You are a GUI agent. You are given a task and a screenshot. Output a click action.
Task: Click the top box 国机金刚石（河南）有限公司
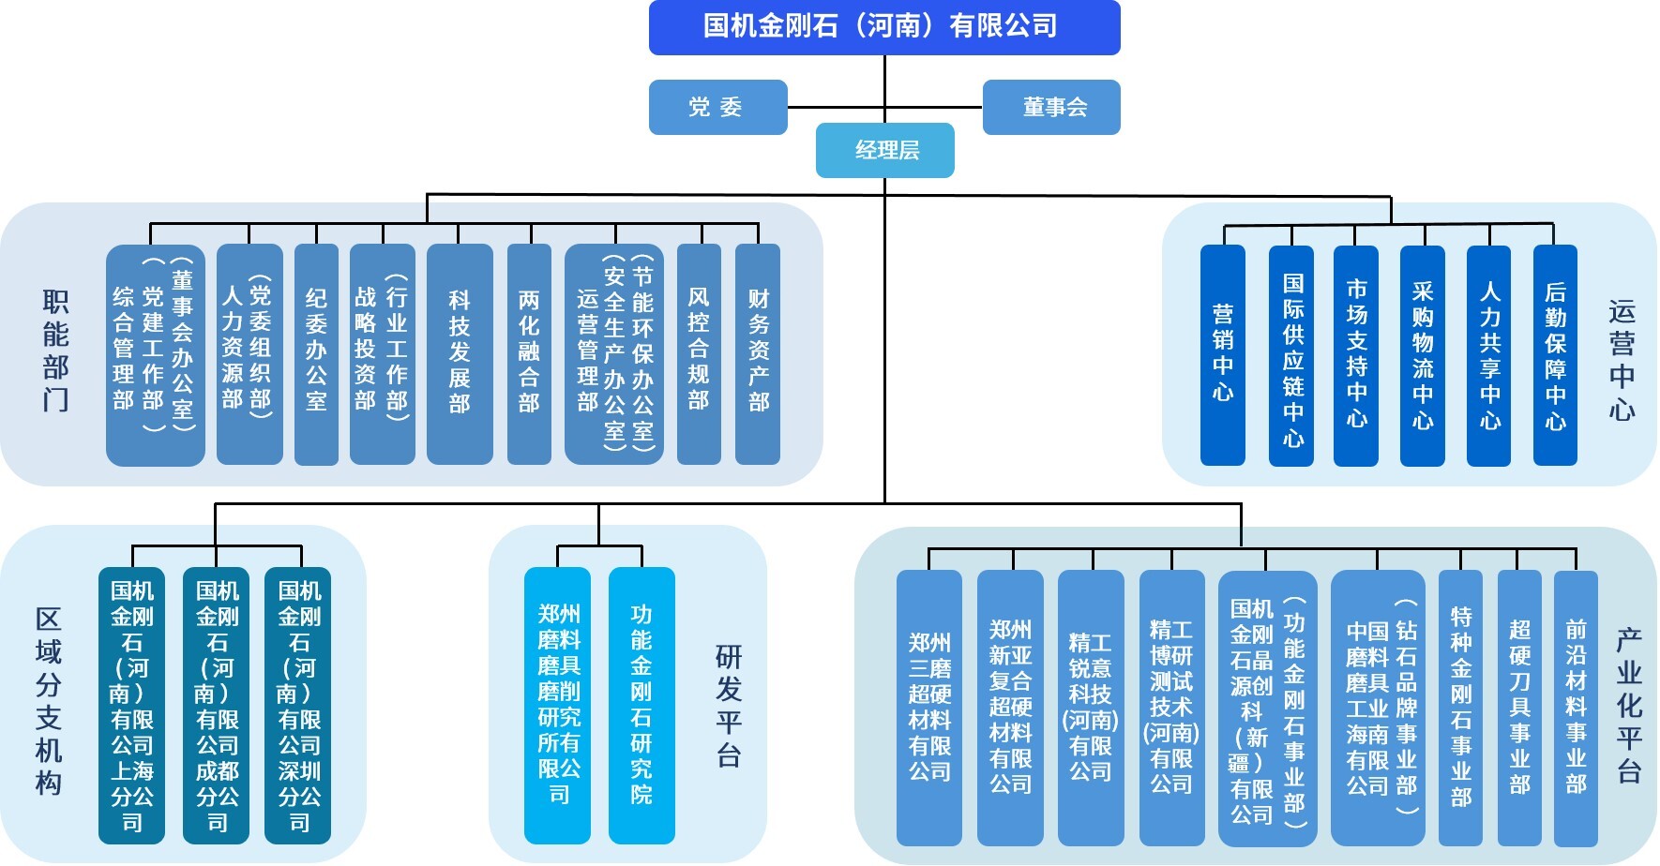point(883,27)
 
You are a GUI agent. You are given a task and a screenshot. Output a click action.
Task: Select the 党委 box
point(717,107)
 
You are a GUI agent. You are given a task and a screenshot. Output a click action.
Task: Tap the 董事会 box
point(1051,107)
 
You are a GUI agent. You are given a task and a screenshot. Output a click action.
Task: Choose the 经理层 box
point(884,150)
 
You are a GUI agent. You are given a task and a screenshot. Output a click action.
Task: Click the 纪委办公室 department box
point(316,354)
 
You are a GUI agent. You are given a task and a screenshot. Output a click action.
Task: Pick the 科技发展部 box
point(460,354)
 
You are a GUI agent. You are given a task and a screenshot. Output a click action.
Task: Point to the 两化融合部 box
point(529,354)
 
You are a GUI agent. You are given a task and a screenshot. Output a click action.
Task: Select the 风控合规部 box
point(699,354)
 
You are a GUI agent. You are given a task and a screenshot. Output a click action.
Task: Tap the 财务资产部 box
point(758,354)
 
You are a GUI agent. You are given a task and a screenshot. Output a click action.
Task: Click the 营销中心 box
point(1223,354)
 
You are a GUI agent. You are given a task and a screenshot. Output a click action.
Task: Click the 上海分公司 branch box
point(131,705)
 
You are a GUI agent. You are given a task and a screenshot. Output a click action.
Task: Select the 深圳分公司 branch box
point(298,705)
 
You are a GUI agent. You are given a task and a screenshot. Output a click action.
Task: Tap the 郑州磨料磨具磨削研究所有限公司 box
point(558,705)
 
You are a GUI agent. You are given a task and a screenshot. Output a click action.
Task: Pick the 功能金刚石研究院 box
point(641,705)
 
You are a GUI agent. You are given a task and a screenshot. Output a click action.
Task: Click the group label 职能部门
point(55,351)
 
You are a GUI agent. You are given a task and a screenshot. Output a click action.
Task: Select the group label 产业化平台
point(1629,705)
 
